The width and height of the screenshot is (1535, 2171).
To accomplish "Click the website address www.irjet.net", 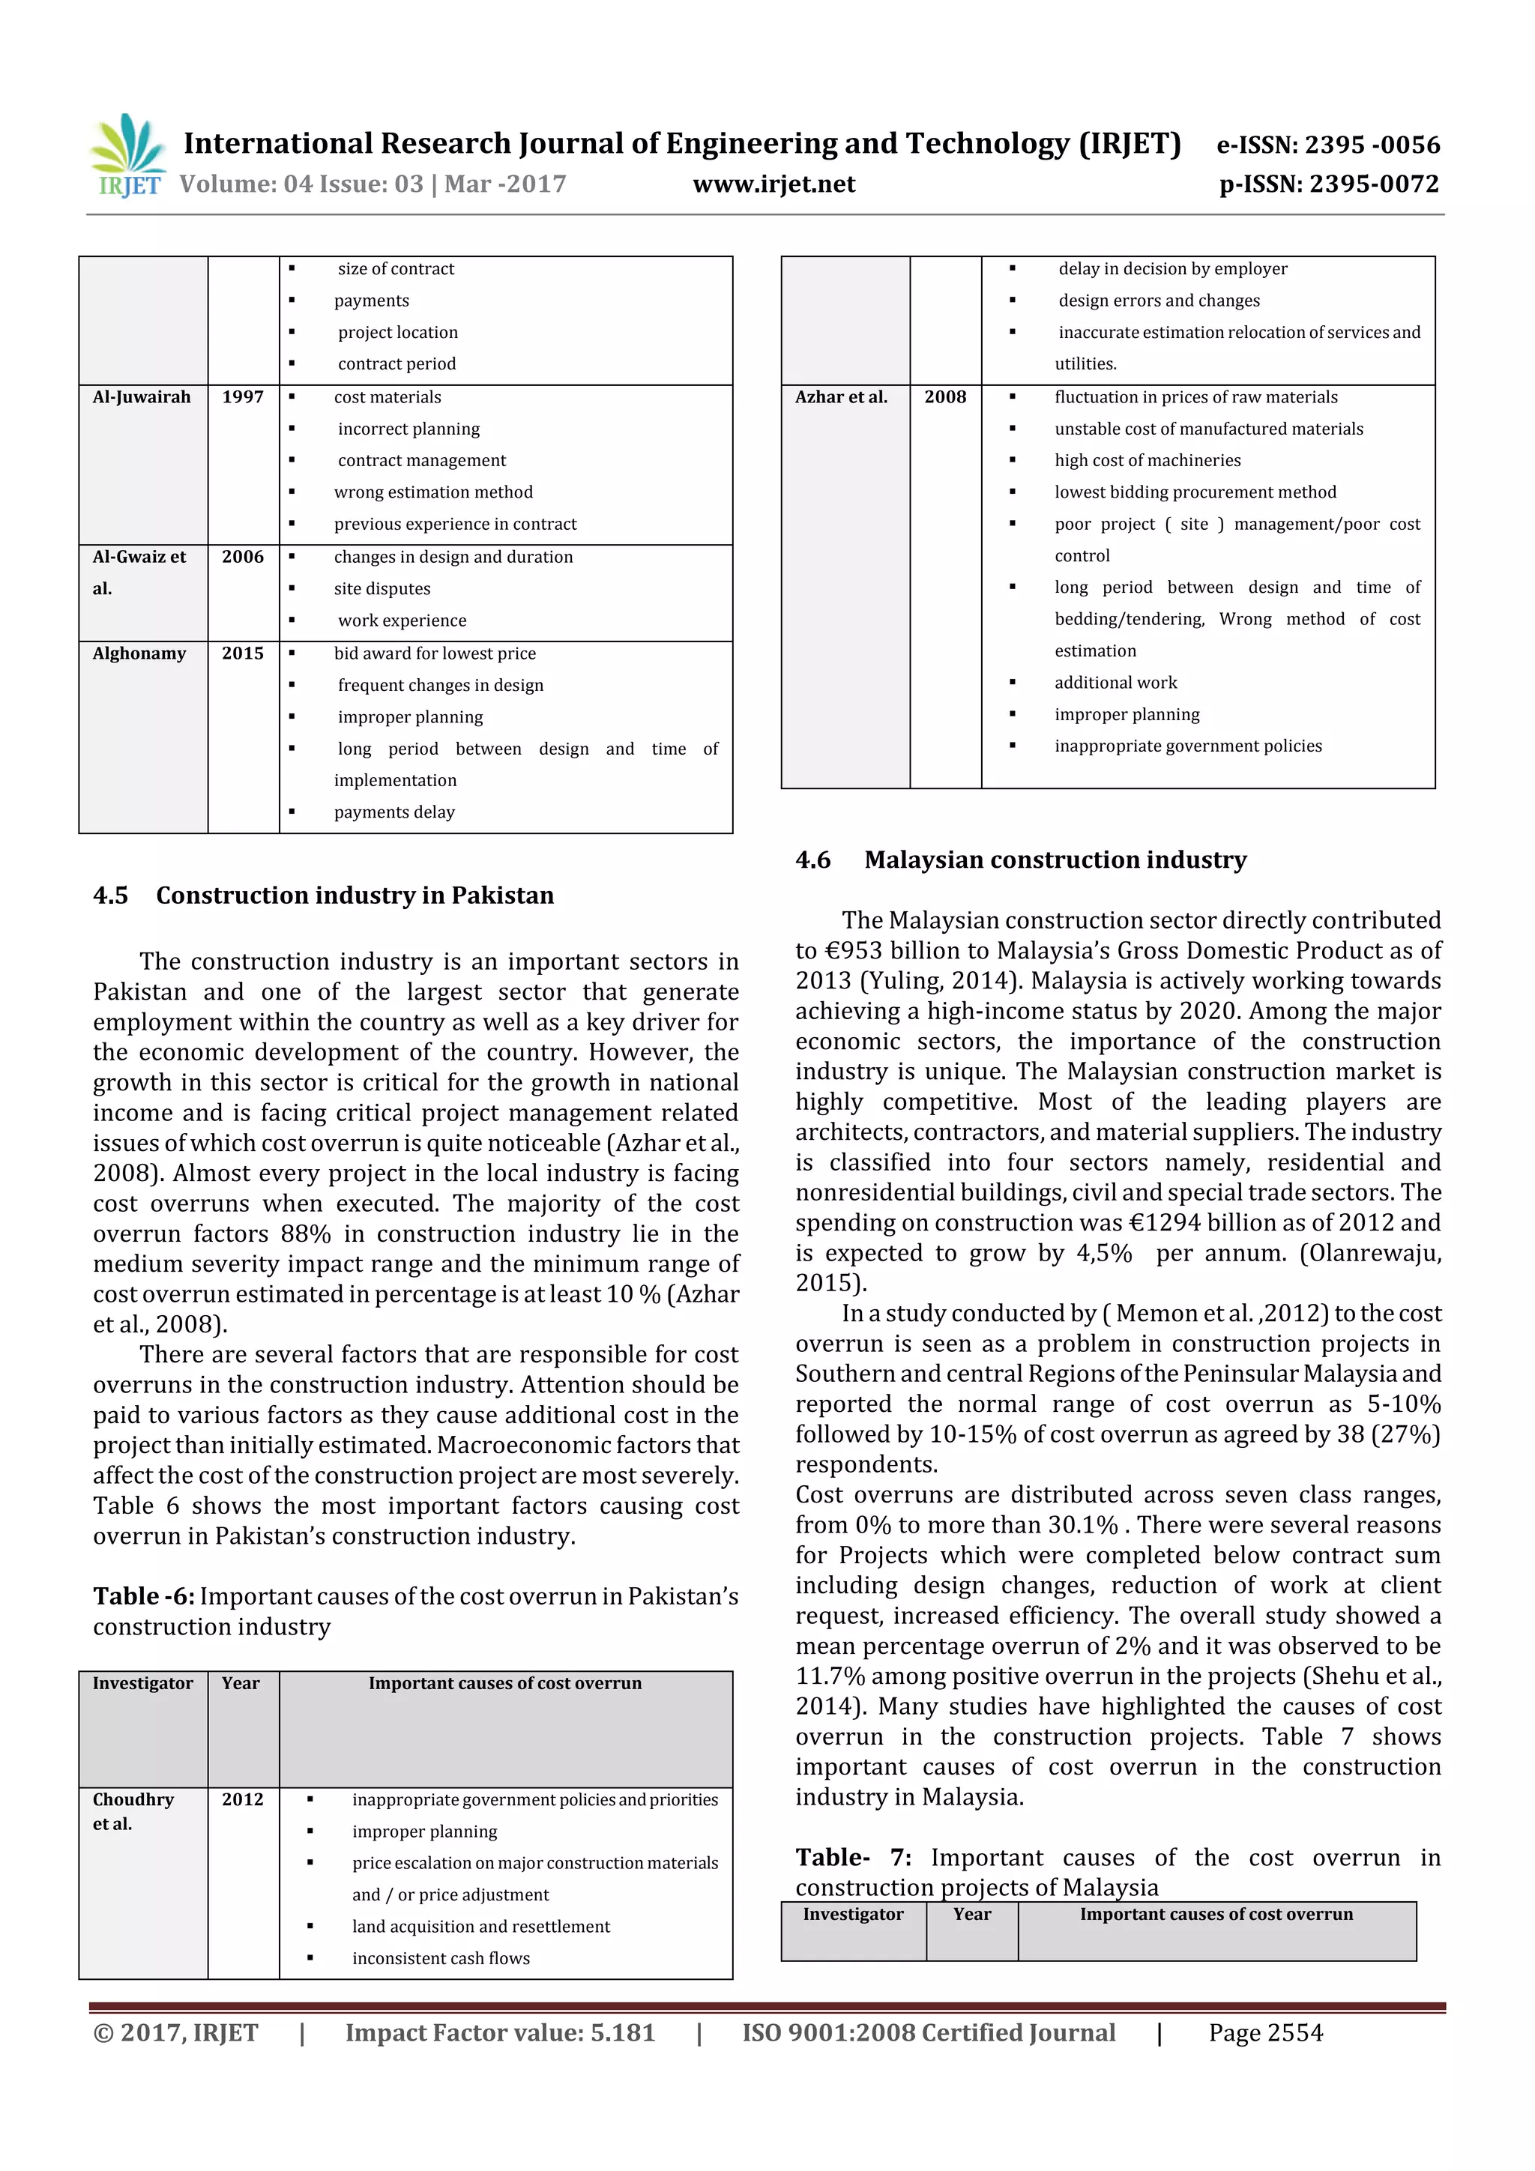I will pos(773,184).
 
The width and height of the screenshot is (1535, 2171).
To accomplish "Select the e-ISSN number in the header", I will pos(1328,145).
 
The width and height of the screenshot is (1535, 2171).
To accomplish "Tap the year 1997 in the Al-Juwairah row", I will pos(243,397).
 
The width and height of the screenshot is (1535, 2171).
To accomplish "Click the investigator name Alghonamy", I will pos(139,653).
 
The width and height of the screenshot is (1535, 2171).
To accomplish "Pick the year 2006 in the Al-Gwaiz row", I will pos(243,557).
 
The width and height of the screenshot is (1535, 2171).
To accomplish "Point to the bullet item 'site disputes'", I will pos(382,589).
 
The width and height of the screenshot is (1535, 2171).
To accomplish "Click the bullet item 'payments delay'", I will pos(394,812).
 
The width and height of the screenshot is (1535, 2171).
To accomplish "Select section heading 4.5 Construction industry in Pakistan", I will pos(324,896).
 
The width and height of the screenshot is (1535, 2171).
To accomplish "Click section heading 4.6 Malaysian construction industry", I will pos(1021,860).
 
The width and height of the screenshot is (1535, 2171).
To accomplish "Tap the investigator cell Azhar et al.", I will pos(841,397).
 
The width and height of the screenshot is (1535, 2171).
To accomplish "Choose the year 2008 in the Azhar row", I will pos(945,397).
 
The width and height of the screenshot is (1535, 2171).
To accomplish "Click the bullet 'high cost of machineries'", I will pos(1148,460).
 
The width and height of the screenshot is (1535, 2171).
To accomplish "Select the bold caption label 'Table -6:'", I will pos(144,1596).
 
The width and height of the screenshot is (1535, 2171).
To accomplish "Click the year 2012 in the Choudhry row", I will pos(243,1799).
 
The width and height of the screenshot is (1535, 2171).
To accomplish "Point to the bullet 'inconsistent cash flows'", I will pos(441,1958).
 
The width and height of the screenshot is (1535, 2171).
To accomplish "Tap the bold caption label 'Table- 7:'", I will pos(853,1857).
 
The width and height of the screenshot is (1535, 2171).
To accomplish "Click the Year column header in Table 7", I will pos(972,1914).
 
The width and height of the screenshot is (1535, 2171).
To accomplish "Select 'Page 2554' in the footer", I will pos(1265,2033).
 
